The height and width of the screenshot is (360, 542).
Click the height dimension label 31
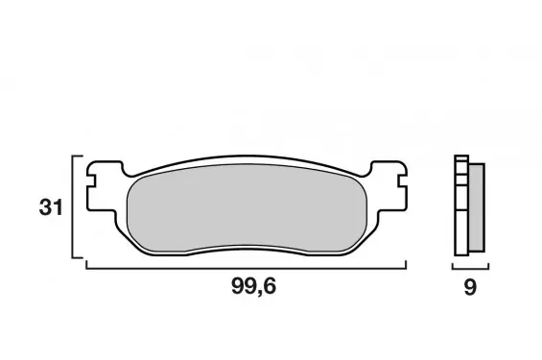pos(51,207)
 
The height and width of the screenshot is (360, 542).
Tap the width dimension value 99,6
pos(253,286)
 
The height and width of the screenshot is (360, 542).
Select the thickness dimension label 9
pos(470,287)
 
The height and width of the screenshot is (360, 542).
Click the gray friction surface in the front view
pos(247,207)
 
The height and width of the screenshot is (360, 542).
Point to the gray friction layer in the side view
pos(477,207)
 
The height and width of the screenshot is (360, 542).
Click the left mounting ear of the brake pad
pos(104,186)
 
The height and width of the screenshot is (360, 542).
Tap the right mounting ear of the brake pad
pos(389,186)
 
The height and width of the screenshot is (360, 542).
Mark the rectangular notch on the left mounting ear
pos(90,181)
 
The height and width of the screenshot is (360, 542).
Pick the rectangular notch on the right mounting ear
pos(402,181)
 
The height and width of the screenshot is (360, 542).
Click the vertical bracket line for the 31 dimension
pos(73,206)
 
